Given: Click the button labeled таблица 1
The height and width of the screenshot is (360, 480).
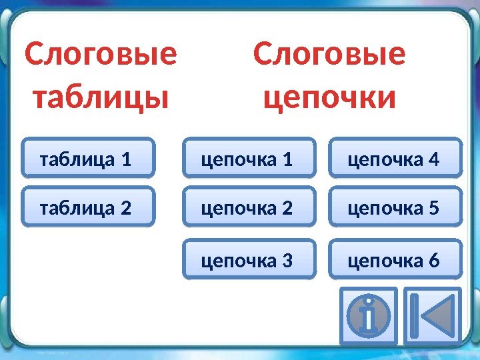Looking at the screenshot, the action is (x=88, y=158).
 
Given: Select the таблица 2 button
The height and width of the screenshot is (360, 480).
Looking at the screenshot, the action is (x=88, y=208).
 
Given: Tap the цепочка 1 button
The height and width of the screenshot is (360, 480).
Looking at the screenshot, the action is (x=249, y=158).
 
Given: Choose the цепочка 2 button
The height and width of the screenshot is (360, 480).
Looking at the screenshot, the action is (x=249, y=208).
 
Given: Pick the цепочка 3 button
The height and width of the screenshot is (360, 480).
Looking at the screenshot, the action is (x=249, y=259).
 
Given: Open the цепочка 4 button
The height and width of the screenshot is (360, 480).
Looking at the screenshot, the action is (x=395, y=158).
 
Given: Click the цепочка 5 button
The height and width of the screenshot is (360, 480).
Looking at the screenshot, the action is (x=395, y=208).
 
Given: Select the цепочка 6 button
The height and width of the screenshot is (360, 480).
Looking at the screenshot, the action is (x=395, y=259).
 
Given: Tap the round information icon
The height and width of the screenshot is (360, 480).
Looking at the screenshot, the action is (x=368, y=315).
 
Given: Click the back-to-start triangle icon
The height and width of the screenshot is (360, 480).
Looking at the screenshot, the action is (x=432, y=315).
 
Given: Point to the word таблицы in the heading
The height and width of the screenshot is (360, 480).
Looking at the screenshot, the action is (x=101, y=98).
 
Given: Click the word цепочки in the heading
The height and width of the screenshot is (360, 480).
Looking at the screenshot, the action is (x=329, y=98).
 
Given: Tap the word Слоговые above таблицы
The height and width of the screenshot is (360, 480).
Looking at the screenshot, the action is (x=101, y=55).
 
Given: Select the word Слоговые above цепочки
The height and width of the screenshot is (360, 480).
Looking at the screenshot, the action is (x=329, y=55).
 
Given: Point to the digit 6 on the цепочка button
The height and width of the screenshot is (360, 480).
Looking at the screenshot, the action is (x=435, y=261).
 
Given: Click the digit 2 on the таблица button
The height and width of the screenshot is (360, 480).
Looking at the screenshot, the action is (x=125, y=209).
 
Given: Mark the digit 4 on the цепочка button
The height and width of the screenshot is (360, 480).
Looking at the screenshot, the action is (x=435, y=159).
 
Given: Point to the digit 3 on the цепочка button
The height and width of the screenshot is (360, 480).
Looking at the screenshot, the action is (x=287, y=261).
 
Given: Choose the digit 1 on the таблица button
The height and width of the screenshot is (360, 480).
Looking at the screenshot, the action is (x=125, y=159).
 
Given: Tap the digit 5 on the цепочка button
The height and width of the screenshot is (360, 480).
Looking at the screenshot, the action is (x=435, y=209).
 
